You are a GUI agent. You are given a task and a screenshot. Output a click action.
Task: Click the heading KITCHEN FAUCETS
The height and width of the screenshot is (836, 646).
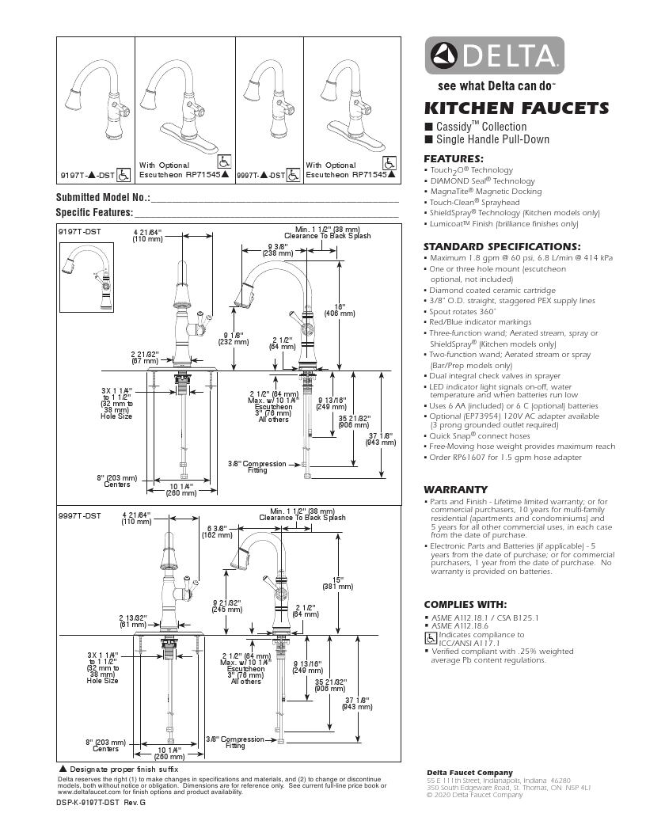[516, 108]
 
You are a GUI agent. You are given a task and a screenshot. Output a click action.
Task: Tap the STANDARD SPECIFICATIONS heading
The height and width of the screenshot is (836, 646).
[502, 246]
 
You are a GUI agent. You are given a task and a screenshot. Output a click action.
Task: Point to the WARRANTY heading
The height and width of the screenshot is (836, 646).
[455, 489]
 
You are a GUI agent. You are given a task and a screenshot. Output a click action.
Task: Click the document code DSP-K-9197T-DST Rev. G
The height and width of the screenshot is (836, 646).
[101, 802]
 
